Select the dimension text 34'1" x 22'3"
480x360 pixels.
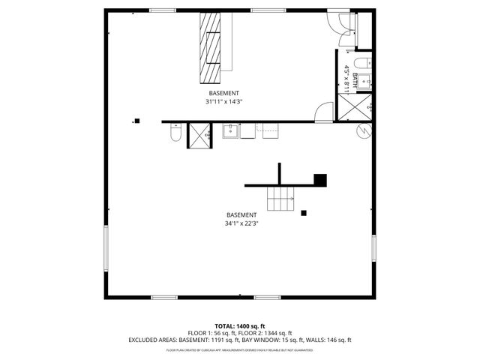coord(241,223)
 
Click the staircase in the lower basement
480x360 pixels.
coord(281,199)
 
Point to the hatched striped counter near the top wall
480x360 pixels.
coord(212,48)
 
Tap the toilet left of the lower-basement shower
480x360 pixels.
coord(175,133)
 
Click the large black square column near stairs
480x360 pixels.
coord(320,179)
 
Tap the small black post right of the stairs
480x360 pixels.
coord(304,213)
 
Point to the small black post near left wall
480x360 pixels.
coord(136,120)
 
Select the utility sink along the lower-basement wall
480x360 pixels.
coord(231,132)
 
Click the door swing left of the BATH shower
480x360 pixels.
coord(324,112)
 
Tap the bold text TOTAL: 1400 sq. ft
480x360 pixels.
coord(240,325)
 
